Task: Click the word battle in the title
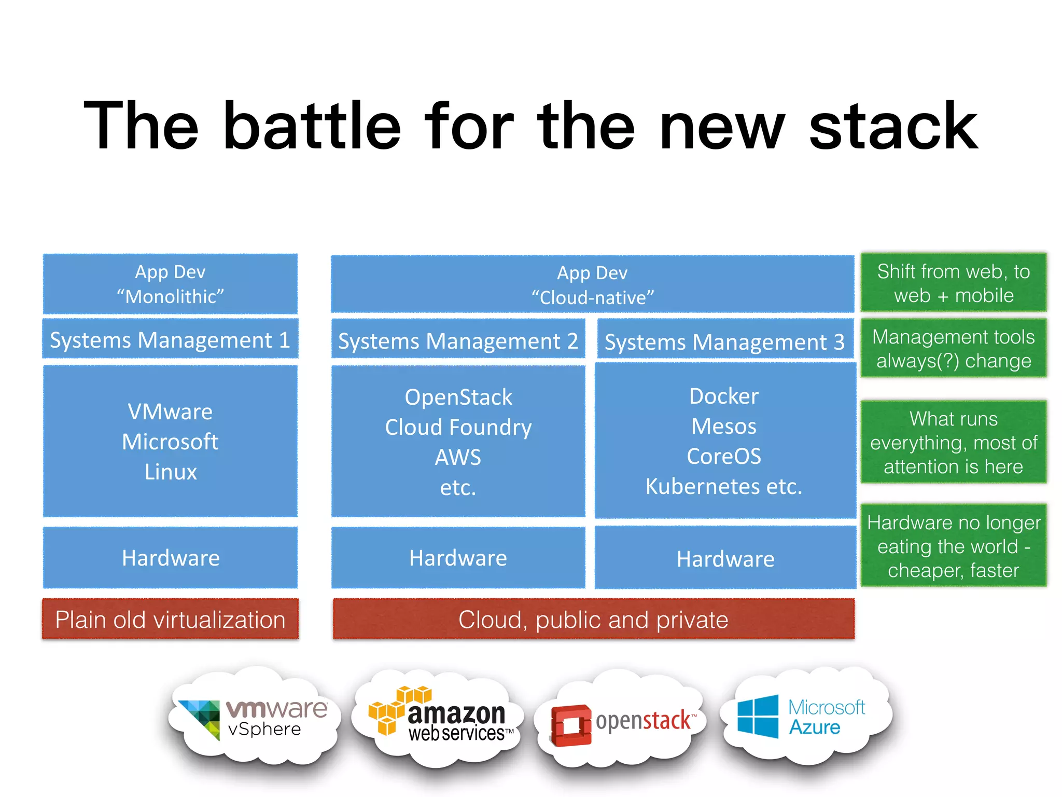(x=312, y=126)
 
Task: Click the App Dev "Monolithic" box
(x=170, y=284)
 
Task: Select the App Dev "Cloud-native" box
(x=592, y=284)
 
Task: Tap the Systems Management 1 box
(x=170, y=340)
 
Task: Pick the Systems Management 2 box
(x=458, y=341)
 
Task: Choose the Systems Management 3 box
(x=724, y=341)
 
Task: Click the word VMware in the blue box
(x=170, y=411)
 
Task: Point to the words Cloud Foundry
(x=458, y=427)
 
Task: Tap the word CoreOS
(x=724, y=456)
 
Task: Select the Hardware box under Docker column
(x=725, y=558)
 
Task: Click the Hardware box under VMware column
(x=170, y=558)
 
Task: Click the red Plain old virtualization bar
(x=170, y=620)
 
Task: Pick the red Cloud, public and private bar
(x=593, y=620)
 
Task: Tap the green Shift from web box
(x=953, y=283)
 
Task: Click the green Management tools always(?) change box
(x=953, y=348)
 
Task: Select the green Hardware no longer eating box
(x=953, y=546)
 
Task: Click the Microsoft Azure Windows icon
(x=758, y=717)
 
